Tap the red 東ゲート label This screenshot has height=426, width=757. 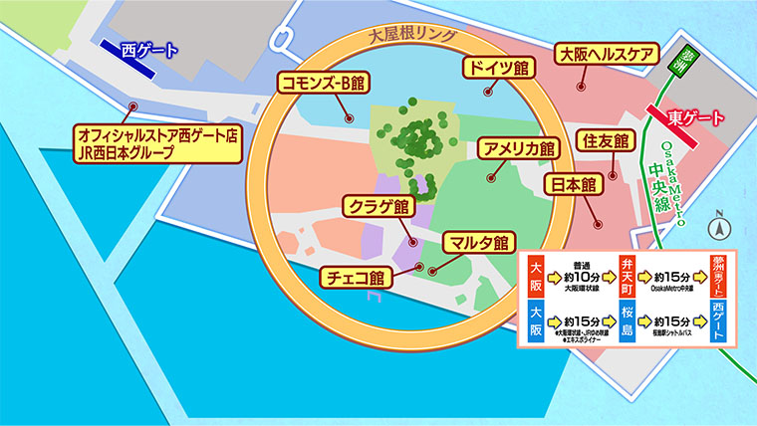tap(696, 117)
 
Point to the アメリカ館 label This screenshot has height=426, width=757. tap(517, 148)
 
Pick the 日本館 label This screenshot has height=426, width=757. tap(575, 184)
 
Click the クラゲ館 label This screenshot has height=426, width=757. tap(378, 207)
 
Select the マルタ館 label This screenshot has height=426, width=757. tap(476, 242)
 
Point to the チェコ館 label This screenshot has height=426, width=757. tap(354, 277)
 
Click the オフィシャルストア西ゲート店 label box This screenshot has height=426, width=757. tap(159, 141)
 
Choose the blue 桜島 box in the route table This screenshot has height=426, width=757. tap(629, 322)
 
